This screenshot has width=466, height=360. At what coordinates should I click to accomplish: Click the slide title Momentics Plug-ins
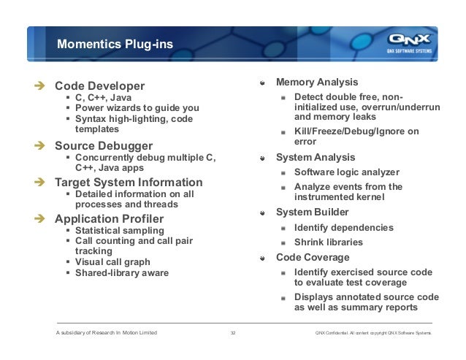[x=115, y=45]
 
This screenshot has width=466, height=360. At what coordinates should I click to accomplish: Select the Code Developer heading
[x=100, y=85]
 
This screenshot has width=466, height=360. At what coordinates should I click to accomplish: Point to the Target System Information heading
[x=129, y=182]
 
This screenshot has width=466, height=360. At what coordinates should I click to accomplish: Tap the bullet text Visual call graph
[x=112, y=261]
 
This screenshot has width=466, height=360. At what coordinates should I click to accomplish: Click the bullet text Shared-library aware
[x=121, y=273]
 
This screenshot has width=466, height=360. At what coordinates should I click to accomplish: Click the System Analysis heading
[x=316, y=157]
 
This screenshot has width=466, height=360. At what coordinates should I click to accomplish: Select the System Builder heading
[x=312, y=212]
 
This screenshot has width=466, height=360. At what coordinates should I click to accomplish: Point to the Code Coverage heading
[x=313, y=257]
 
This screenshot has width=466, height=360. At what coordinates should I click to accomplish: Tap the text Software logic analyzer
[x=346, y=172]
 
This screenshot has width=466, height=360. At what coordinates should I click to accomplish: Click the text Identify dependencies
[x=343, y=228]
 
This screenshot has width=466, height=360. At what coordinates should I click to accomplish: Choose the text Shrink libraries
[x=328, y=242]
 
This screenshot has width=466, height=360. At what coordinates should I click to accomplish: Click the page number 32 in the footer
[x=232, y=333]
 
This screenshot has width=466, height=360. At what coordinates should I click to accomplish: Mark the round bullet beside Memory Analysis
[x=263, y=83]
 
